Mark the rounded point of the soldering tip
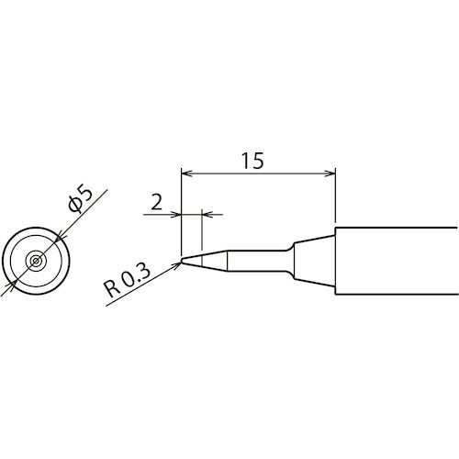(183, 261)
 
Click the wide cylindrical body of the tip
(395, 261)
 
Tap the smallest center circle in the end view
(35, 261)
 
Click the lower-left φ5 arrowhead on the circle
(12, 284)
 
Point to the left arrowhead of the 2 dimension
(178, 214)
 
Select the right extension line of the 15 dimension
(335, 197)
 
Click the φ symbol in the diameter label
(74, 206)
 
